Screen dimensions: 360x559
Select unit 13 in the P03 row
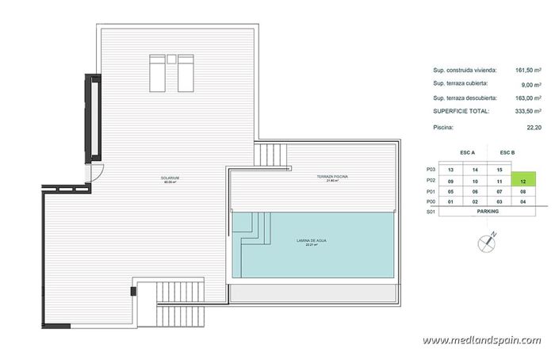pos(450,170)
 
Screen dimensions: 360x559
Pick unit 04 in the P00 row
pos(523,201)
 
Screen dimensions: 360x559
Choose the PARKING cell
pos(487,212)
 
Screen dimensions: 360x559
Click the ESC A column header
pos(467,151)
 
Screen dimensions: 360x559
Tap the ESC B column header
pos(507,151)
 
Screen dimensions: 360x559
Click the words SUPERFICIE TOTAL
pos(459,111)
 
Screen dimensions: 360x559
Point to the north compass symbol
pos(487,242)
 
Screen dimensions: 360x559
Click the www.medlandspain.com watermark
pos(481,340)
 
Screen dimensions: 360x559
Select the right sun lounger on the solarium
pos(185,72)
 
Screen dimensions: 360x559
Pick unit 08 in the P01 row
pos(523,191)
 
